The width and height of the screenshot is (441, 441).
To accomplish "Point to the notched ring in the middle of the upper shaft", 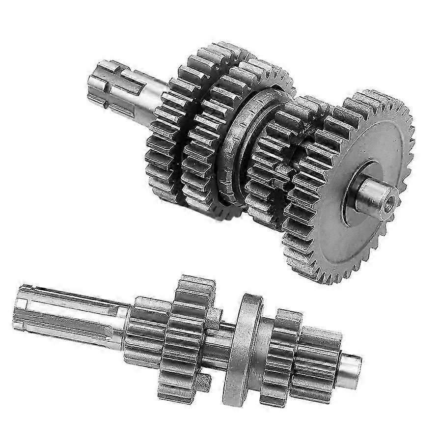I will [x=241, y=142].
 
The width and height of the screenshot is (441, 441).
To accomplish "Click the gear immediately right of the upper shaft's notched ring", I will [x=268, y=167].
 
